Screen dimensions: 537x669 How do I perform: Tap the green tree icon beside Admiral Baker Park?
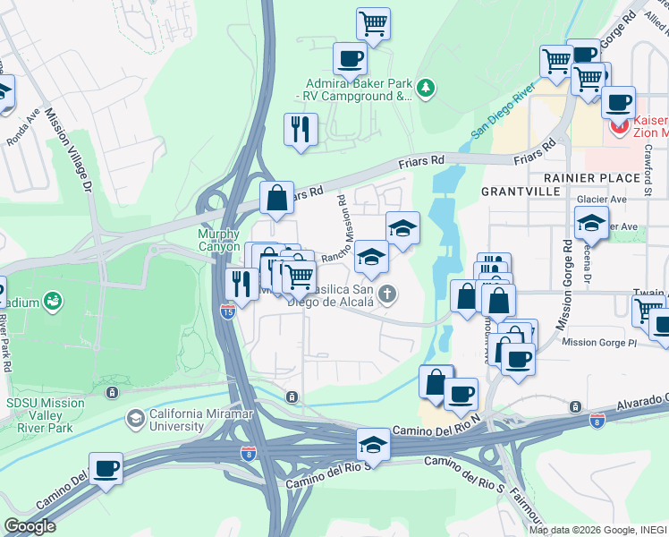click(x=427, y=88)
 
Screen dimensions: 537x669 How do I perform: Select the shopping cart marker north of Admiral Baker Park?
click(x=373, y=22)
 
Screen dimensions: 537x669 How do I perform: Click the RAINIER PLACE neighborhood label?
click(x=570, y=177)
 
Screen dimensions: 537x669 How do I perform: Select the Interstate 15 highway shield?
click(x=228, y=311)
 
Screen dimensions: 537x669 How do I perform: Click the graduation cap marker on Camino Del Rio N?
click(x=373, y=443)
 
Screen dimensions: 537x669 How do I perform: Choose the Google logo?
click(x=29, y=526)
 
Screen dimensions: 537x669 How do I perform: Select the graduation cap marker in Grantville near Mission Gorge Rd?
click(x=591, y=222)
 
